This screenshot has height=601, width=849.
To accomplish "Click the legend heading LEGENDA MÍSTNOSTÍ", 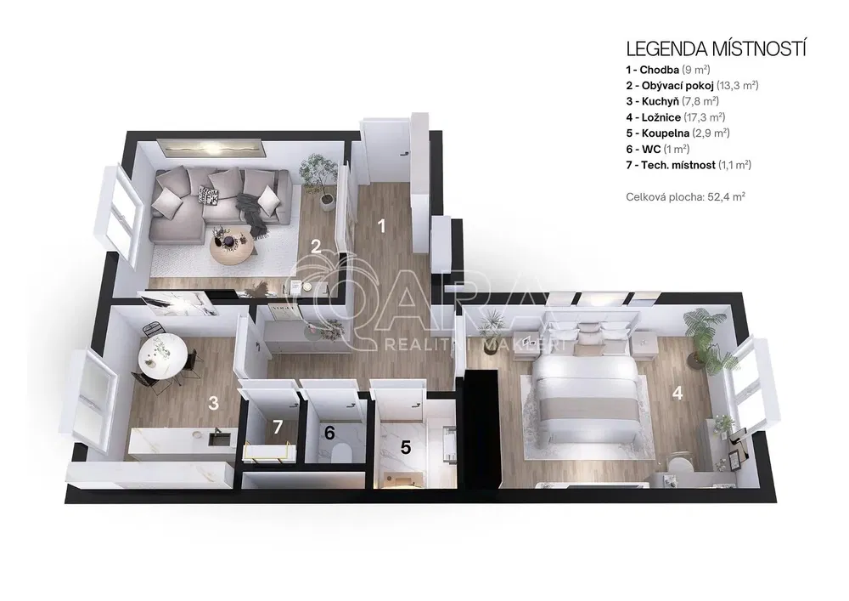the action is tap(716, 48).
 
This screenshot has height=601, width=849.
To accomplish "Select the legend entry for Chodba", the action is tap(668, 70).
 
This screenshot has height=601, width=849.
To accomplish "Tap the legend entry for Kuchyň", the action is tap(672, 101).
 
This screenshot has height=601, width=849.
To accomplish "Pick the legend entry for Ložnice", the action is tap(676, 117).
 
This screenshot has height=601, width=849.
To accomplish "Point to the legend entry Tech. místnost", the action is tap(689, 165).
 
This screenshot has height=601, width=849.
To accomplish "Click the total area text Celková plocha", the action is tap(685, 196).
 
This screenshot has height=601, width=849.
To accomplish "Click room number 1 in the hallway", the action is tap(382, 226).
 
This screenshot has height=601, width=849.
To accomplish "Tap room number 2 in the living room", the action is tap(316, 247).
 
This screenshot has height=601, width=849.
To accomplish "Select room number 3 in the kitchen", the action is tap(213, 403).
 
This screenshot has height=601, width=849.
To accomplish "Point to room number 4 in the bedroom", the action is tap(678, 393).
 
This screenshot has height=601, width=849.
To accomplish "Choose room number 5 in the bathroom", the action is tap(406, 447).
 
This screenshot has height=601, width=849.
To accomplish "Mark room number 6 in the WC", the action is tap(329, 433).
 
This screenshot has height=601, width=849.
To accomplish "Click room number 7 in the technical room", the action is tap(278, 427).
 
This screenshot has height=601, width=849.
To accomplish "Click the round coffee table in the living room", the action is tap(231, 246).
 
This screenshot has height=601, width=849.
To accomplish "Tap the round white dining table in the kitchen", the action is tap(164, 356).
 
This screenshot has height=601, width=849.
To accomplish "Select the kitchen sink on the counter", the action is tap(219, 437).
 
